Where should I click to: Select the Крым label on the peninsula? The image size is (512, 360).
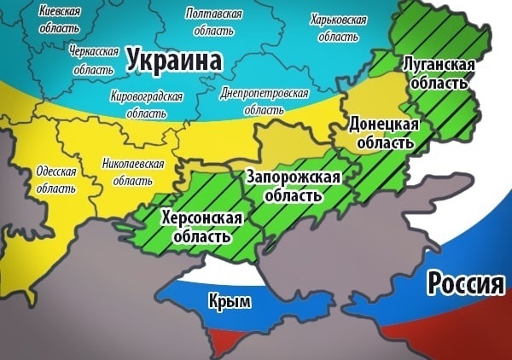tap(228, 301)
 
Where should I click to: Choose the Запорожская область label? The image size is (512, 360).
tap(293, 186)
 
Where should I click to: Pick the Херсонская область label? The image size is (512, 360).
tap(202, 227)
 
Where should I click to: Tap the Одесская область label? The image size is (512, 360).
tap(56, 177)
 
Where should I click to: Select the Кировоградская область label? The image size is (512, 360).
tap(147, 105)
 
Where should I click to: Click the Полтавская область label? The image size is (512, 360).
tap(213, 23)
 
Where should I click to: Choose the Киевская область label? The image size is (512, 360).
tap(60, 20)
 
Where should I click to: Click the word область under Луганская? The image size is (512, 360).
tap(439, 84)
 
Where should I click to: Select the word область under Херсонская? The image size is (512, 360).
tap(202, 236)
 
